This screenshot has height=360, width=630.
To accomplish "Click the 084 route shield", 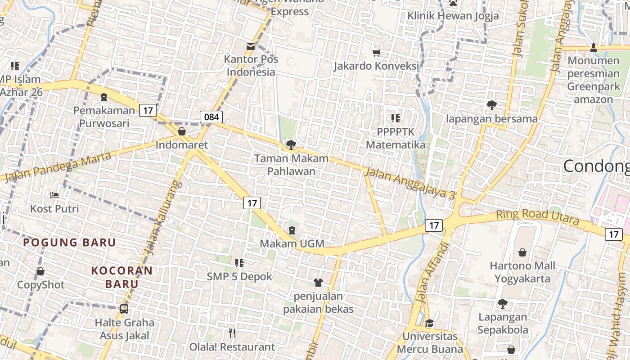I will pos(211,117).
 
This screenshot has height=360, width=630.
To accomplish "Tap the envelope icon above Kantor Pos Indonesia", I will pos(250,46).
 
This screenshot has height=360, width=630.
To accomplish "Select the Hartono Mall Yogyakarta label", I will pos(522,272).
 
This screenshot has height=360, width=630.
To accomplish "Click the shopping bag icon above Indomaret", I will pos(182,131).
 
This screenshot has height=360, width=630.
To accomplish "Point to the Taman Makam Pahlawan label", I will pos(291,165).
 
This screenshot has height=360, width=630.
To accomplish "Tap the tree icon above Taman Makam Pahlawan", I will pos(291,145).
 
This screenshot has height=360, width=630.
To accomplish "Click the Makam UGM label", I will pos(292,243).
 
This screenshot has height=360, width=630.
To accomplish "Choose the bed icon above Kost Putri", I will pos(54,195).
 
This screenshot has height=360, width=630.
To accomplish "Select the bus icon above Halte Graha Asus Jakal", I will pos(124,309).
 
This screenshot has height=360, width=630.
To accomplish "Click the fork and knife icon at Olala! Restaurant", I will pos(232,333).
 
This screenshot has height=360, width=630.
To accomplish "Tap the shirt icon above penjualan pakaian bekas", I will pos(318,283).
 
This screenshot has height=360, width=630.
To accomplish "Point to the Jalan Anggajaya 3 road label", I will pos(410,183).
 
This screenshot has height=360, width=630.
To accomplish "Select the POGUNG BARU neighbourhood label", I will pos(70,242).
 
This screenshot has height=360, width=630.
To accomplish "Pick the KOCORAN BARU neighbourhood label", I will pos(122,277).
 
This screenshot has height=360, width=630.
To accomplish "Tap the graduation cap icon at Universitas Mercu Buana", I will pos(430,324).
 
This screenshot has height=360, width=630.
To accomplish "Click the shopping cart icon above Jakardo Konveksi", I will pos(377,53).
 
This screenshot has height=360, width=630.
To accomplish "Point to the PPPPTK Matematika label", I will pos(396,138).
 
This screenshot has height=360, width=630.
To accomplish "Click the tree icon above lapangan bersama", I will pos(491,105).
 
